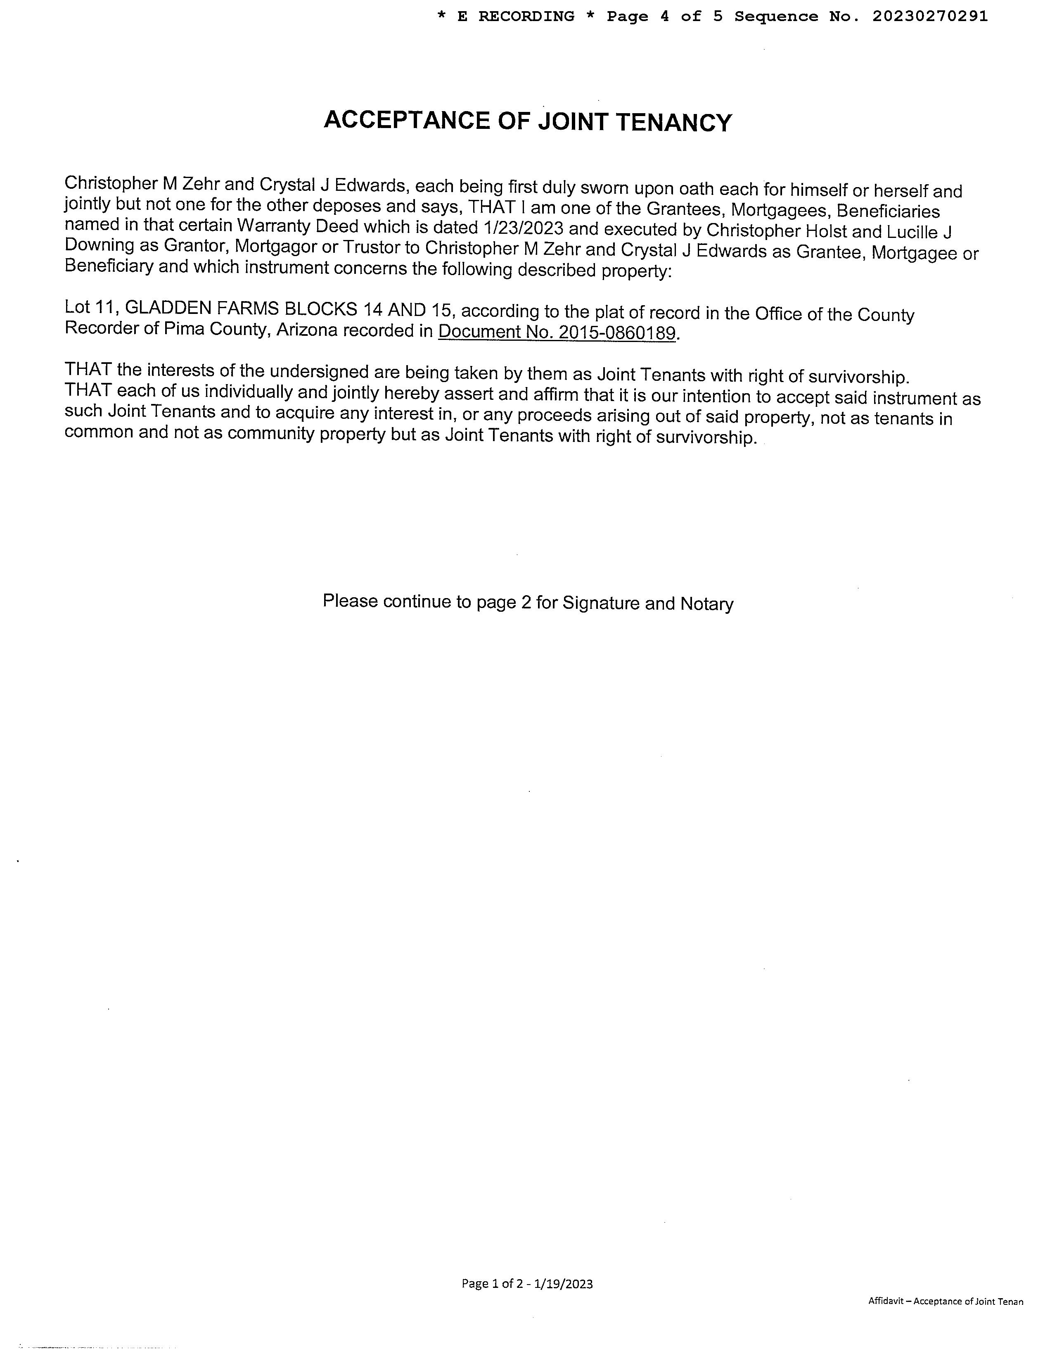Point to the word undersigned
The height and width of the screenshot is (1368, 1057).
[x=319, y=371]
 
